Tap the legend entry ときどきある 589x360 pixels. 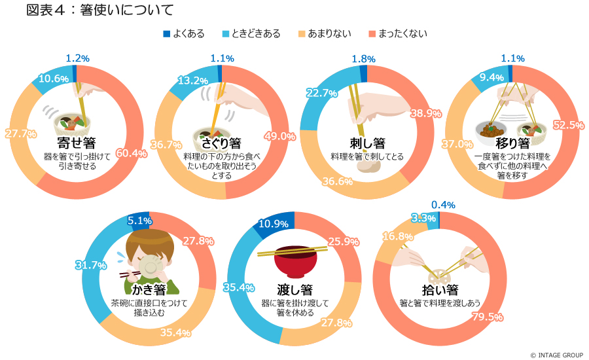(251, 33)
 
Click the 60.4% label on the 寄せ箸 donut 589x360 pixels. (131, 153)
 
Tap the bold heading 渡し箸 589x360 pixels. (294, 289)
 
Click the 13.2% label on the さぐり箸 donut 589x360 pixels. (193, 81)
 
